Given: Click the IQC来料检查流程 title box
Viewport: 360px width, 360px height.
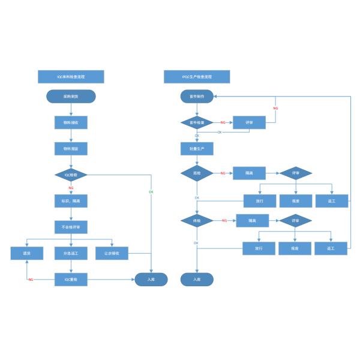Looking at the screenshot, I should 71,77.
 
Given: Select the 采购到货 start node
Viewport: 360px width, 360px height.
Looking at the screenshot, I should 71,96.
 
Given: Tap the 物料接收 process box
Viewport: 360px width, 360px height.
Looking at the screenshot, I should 71,122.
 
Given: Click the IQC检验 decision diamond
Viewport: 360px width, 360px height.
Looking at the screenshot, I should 71,175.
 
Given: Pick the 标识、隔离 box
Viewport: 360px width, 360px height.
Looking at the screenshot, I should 71,201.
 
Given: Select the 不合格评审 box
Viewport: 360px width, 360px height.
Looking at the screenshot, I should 71,227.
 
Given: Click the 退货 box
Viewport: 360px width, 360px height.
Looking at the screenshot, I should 27,254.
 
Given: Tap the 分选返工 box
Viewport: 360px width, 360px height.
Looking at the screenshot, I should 71,254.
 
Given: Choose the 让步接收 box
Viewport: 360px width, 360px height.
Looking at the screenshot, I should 112,254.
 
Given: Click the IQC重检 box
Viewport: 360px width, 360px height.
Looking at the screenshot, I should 71,280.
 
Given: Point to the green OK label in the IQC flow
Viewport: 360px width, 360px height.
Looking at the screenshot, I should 151,191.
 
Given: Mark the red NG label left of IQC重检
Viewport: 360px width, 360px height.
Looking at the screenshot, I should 31,280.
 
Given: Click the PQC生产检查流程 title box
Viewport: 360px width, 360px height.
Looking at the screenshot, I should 197,77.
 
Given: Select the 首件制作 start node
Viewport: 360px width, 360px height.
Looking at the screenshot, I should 197,96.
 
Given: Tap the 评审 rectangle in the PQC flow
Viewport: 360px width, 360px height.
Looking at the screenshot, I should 249,122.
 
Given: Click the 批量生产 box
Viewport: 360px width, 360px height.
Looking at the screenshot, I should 197,148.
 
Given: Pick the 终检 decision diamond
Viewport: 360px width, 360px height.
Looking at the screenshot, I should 197,221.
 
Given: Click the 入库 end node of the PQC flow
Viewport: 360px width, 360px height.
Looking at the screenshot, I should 197,280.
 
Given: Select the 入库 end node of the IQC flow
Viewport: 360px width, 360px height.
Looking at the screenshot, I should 151,280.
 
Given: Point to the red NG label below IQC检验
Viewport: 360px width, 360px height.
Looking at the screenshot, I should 71,188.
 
